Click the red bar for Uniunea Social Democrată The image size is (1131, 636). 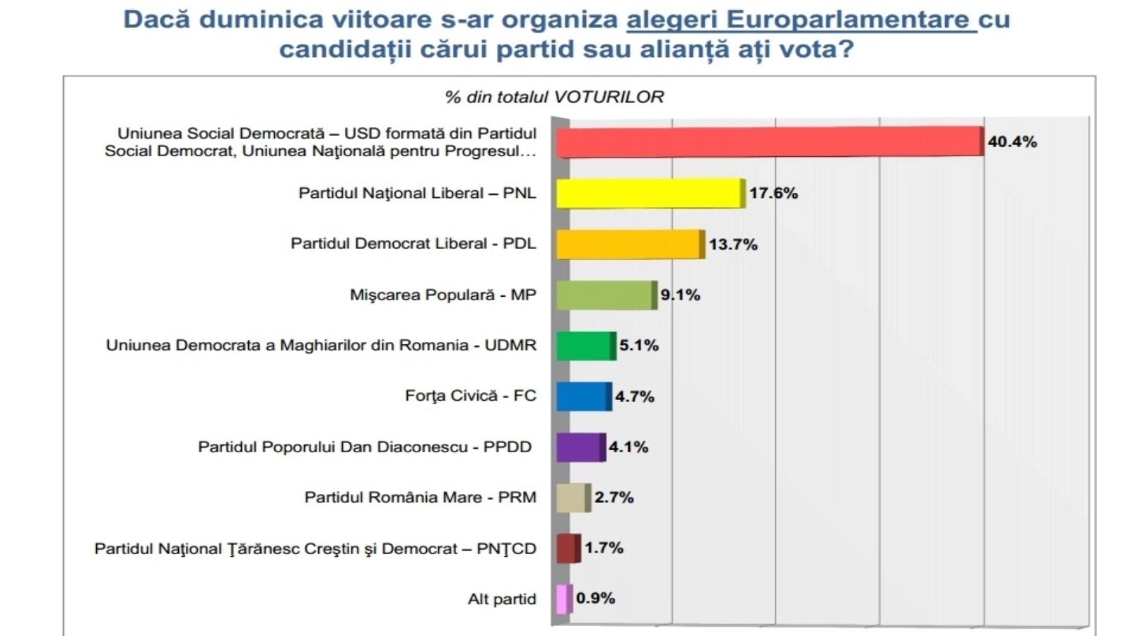tap(769, 142)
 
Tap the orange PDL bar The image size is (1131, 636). tap(630, 245)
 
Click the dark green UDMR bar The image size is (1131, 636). tap(585, 346)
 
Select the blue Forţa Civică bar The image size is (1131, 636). tap(583, 396)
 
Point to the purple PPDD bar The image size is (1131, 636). tap(580, 447)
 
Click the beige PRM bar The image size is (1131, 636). tap(573, 498)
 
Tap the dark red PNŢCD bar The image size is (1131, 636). tap(568, 548)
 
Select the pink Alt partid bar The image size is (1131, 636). tap(563, 599)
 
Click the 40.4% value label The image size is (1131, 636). tap(1012, 142)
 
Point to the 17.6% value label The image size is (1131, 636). tap(773, 194)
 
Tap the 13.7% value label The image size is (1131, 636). tap(733, 245)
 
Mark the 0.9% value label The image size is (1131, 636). tap(595, 599)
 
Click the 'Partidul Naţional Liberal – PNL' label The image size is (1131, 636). tap(417, 194)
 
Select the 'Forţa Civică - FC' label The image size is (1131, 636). tap(470, 396)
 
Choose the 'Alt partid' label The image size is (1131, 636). tap(502, 599)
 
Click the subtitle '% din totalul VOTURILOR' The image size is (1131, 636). tap(554, 97)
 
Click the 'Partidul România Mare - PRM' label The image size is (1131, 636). tap(420, 497)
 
